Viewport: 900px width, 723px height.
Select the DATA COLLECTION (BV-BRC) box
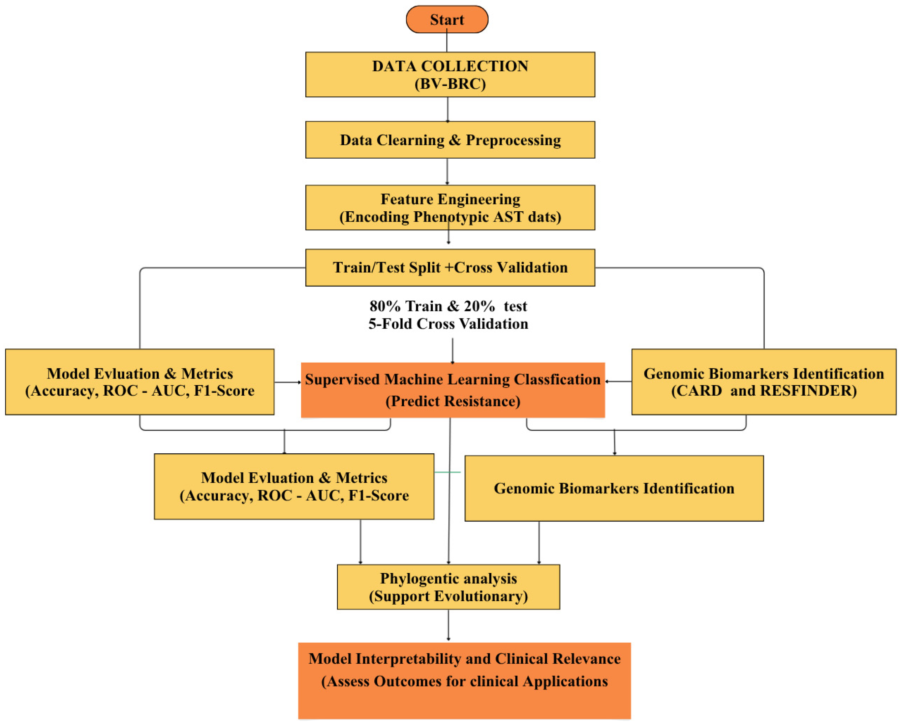point(450,75)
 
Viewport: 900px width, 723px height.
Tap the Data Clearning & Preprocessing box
point(450,140)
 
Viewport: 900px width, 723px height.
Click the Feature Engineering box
point(450,207)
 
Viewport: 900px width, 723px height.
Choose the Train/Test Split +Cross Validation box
point(450,267)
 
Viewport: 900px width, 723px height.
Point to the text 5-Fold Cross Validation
point(448,324)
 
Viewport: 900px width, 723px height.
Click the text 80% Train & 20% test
point(448,306)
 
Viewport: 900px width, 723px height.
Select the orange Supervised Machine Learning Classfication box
point(452,390)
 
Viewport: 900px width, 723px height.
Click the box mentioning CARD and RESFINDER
point(763,382)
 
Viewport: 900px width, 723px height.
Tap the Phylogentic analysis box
point(448,587)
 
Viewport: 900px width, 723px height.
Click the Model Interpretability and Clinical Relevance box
point(464,680)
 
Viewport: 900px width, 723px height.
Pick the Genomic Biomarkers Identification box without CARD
point(614,488)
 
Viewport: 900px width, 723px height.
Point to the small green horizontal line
point(448,472)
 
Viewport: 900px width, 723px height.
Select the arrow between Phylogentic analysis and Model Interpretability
point(448,624)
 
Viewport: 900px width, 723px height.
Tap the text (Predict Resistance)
point(452,401)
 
